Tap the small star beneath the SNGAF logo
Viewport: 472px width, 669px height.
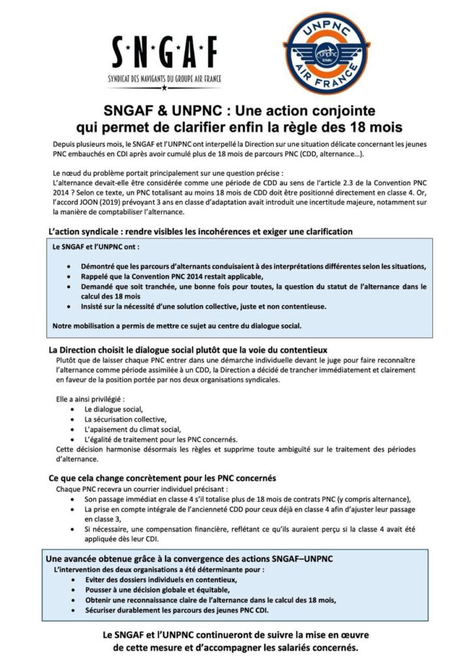click(x=165, y=87)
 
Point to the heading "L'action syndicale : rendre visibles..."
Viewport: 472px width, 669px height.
click(x=200, y=231)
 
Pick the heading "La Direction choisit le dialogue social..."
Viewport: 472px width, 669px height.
click(x=188, y=349)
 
